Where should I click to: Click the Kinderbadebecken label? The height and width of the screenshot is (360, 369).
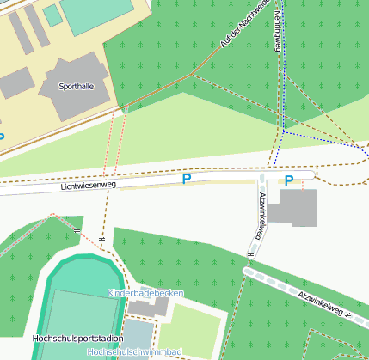coord(145,293)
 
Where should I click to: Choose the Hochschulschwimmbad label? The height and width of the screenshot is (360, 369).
coord(134,352)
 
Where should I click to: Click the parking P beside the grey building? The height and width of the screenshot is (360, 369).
coord(289,180)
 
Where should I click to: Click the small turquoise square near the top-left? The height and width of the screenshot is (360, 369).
coord(53,15)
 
